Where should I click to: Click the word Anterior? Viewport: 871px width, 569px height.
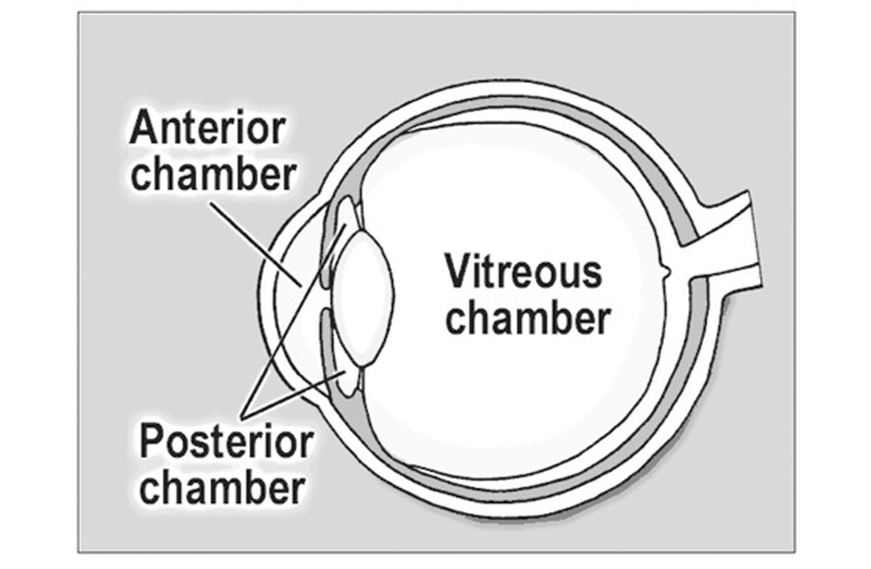[x=207, y=129]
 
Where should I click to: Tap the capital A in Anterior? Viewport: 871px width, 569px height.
[x=142, y=129]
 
